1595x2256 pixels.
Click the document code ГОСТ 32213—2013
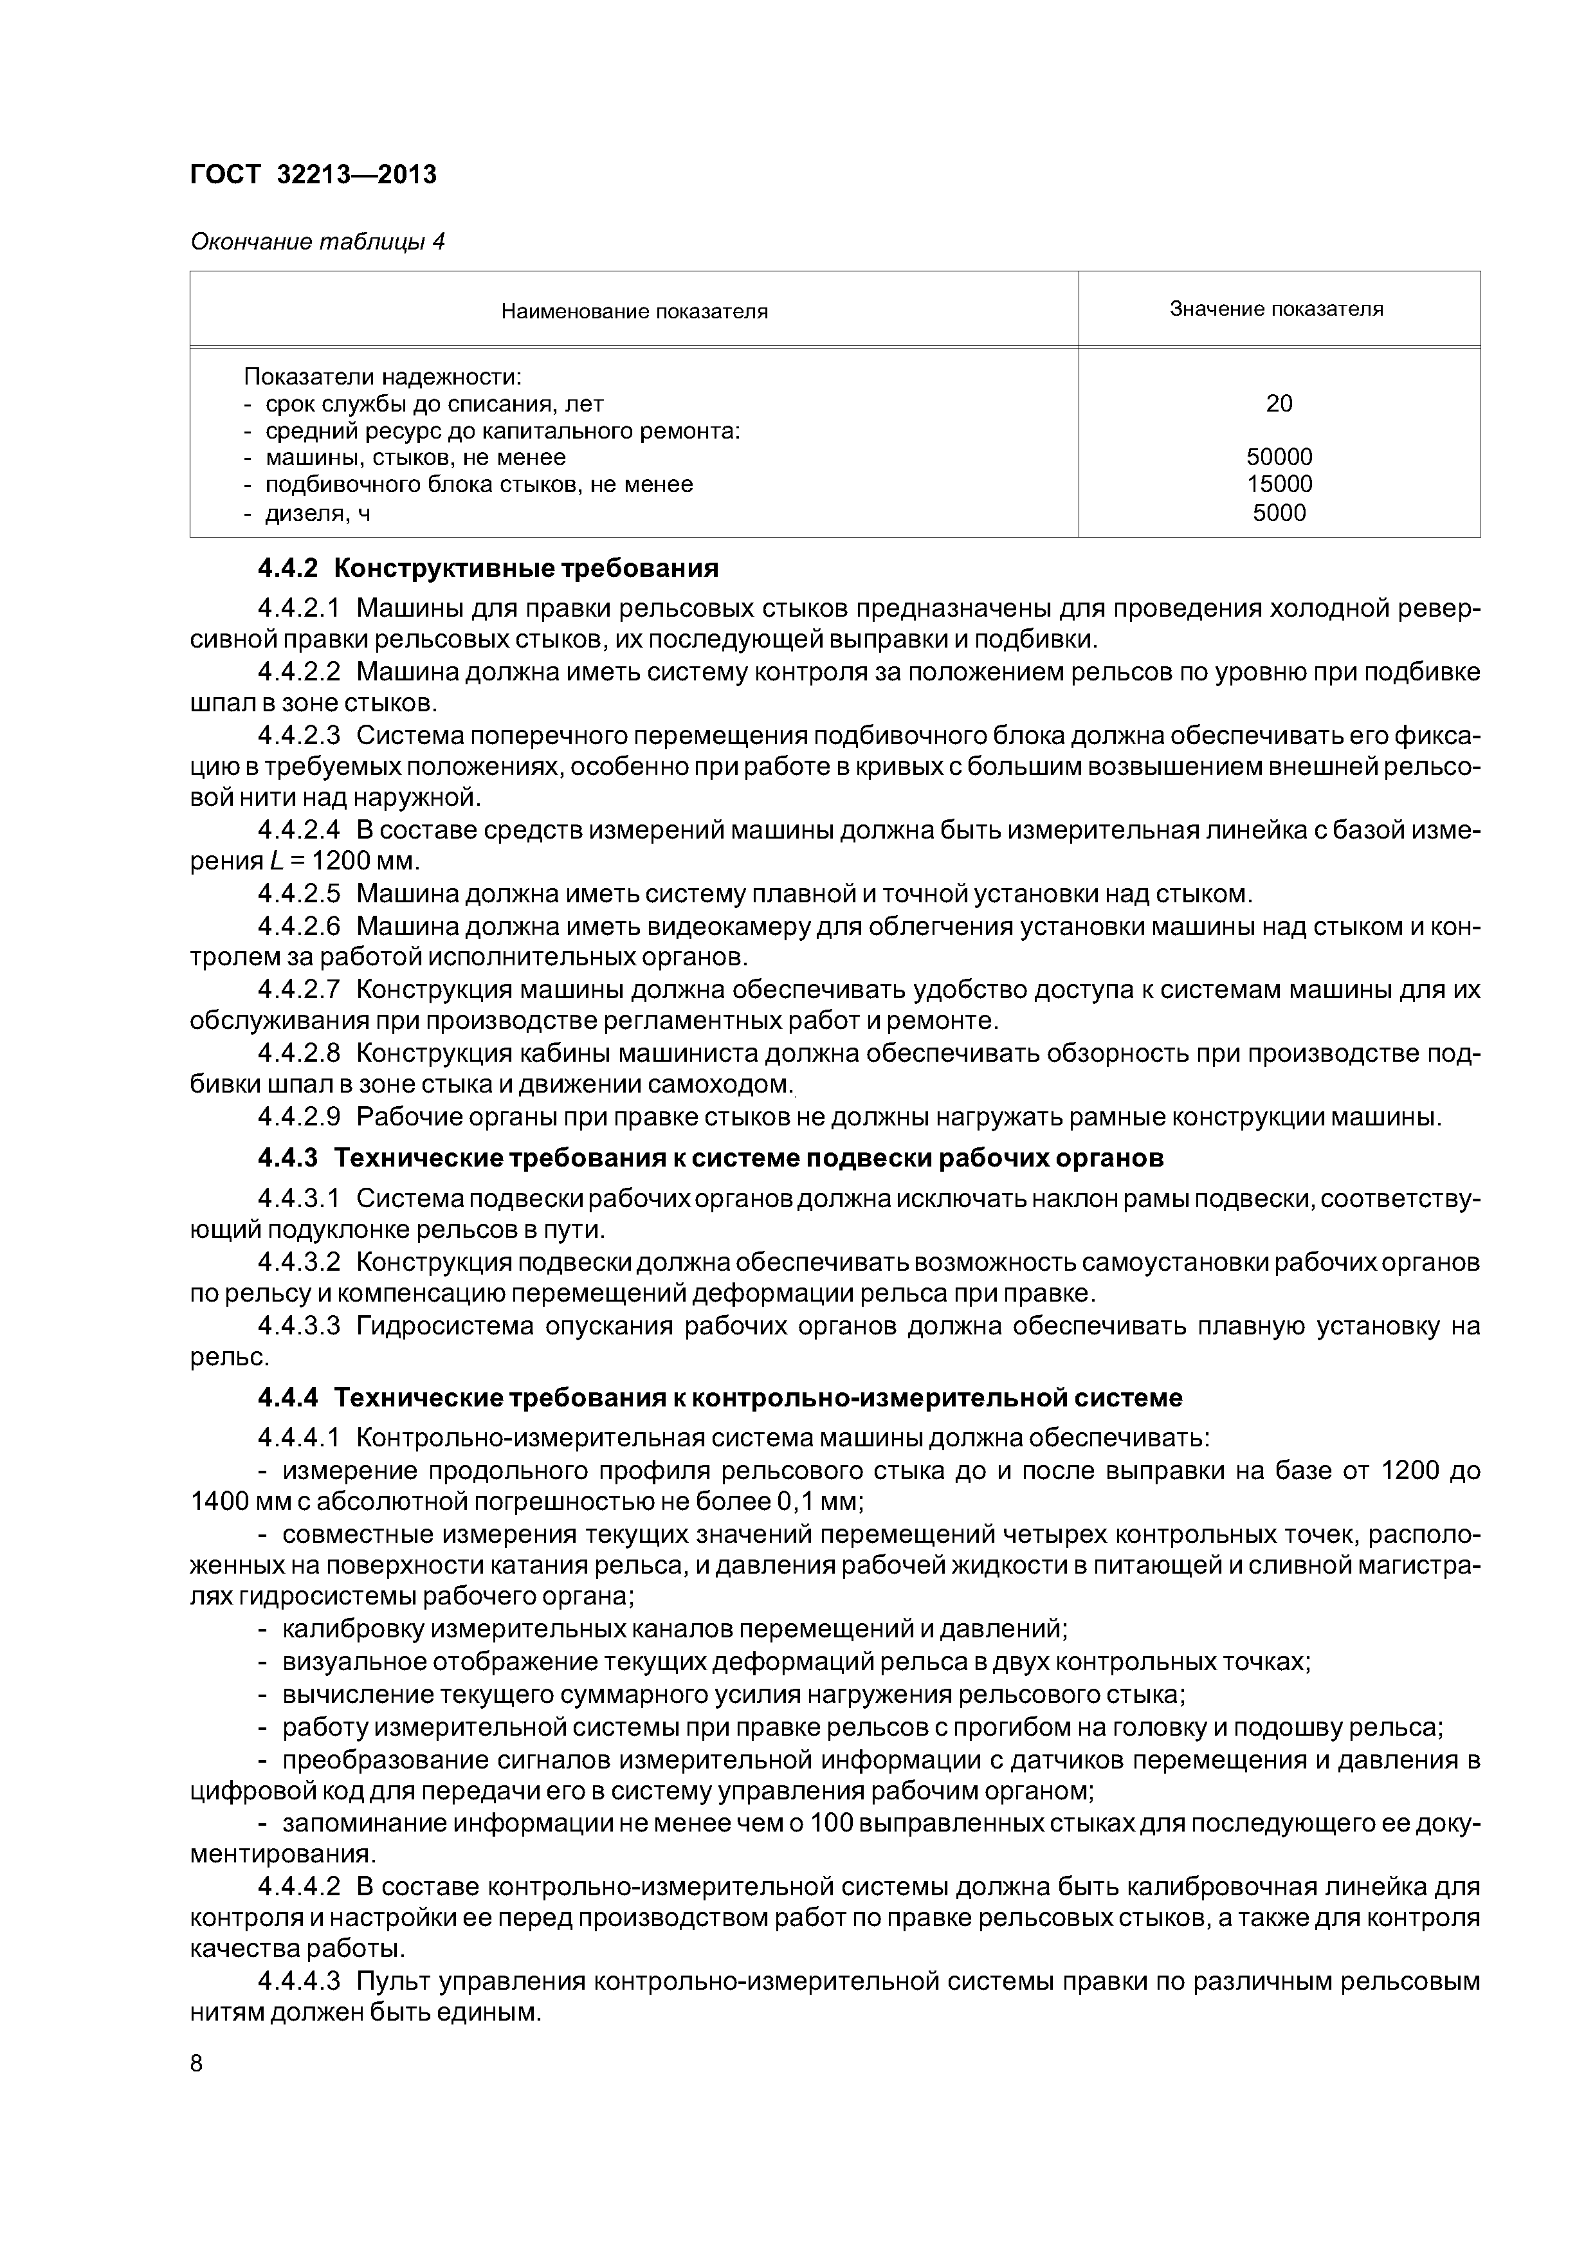[x=313, y=175]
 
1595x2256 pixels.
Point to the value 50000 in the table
[x=1279, y=457]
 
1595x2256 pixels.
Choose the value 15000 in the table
[x=1279, y=484]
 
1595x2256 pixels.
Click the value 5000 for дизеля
[x=1279, y=512]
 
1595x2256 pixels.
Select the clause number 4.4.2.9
[x=299, y=1117]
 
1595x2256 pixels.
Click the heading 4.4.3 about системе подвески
[x=709, y=1158]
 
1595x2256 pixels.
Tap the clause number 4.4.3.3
[x=299, y=1327]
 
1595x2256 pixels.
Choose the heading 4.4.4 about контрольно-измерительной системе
[x=720, y=1397]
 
